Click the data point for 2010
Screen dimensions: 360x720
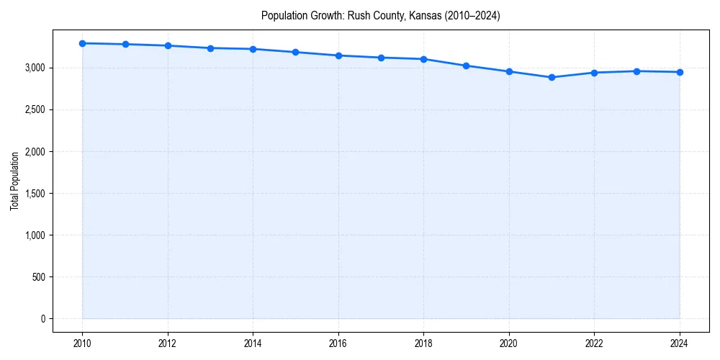click(x=82, y=43)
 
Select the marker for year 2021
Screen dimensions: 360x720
click(x=552, y=77)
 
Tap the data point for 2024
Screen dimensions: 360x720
click(x=680, y=72)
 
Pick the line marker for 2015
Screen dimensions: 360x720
click(x=296, y=52)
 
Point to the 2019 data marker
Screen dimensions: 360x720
click(x=467, y=66)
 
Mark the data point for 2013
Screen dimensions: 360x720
click(x=210, y=48)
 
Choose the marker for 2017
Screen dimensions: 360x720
click(x=381, y=58)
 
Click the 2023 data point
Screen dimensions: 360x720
click(x=636, y=71)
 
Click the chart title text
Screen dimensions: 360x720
click(x=380, y=15)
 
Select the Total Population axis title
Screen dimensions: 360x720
click(x=14, y=181)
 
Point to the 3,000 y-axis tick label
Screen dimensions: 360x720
click(x=33, y=68)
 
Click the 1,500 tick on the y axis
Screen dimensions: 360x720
click(x=33, y=194)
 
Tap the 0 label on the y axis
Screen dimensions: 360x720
click(x=42, y=319)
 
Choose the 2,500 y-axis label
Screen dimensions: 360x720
click(x=33, y=110)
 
